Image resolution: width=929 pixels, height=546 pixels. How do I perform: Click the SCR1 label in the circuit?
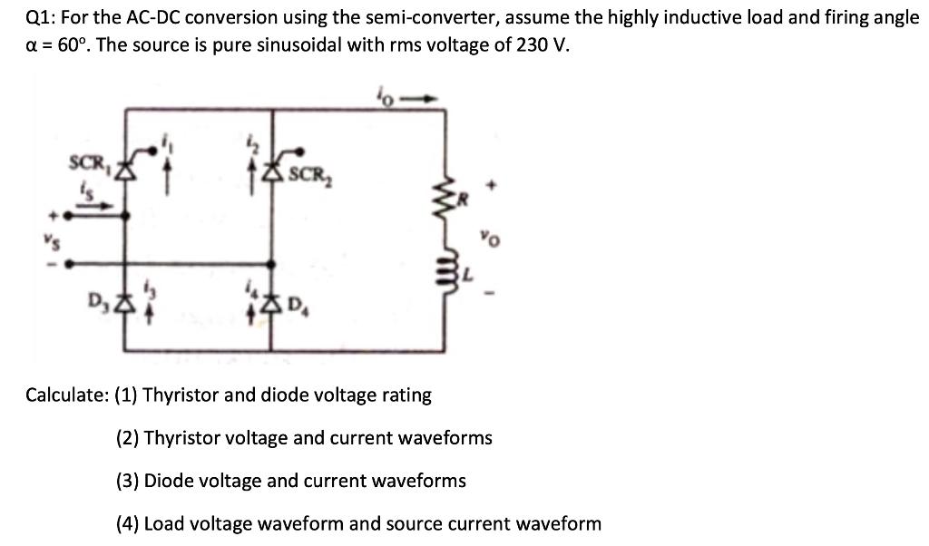click(87, 163)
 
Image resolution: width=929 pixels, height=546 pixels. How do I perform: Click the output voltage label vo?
click(490, 241)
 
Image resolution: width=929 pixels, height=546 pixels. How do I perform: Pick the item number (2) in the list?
click(127, 438)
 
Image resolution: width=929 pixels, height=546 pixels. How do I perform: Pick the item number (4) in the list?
click(127, 523)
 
